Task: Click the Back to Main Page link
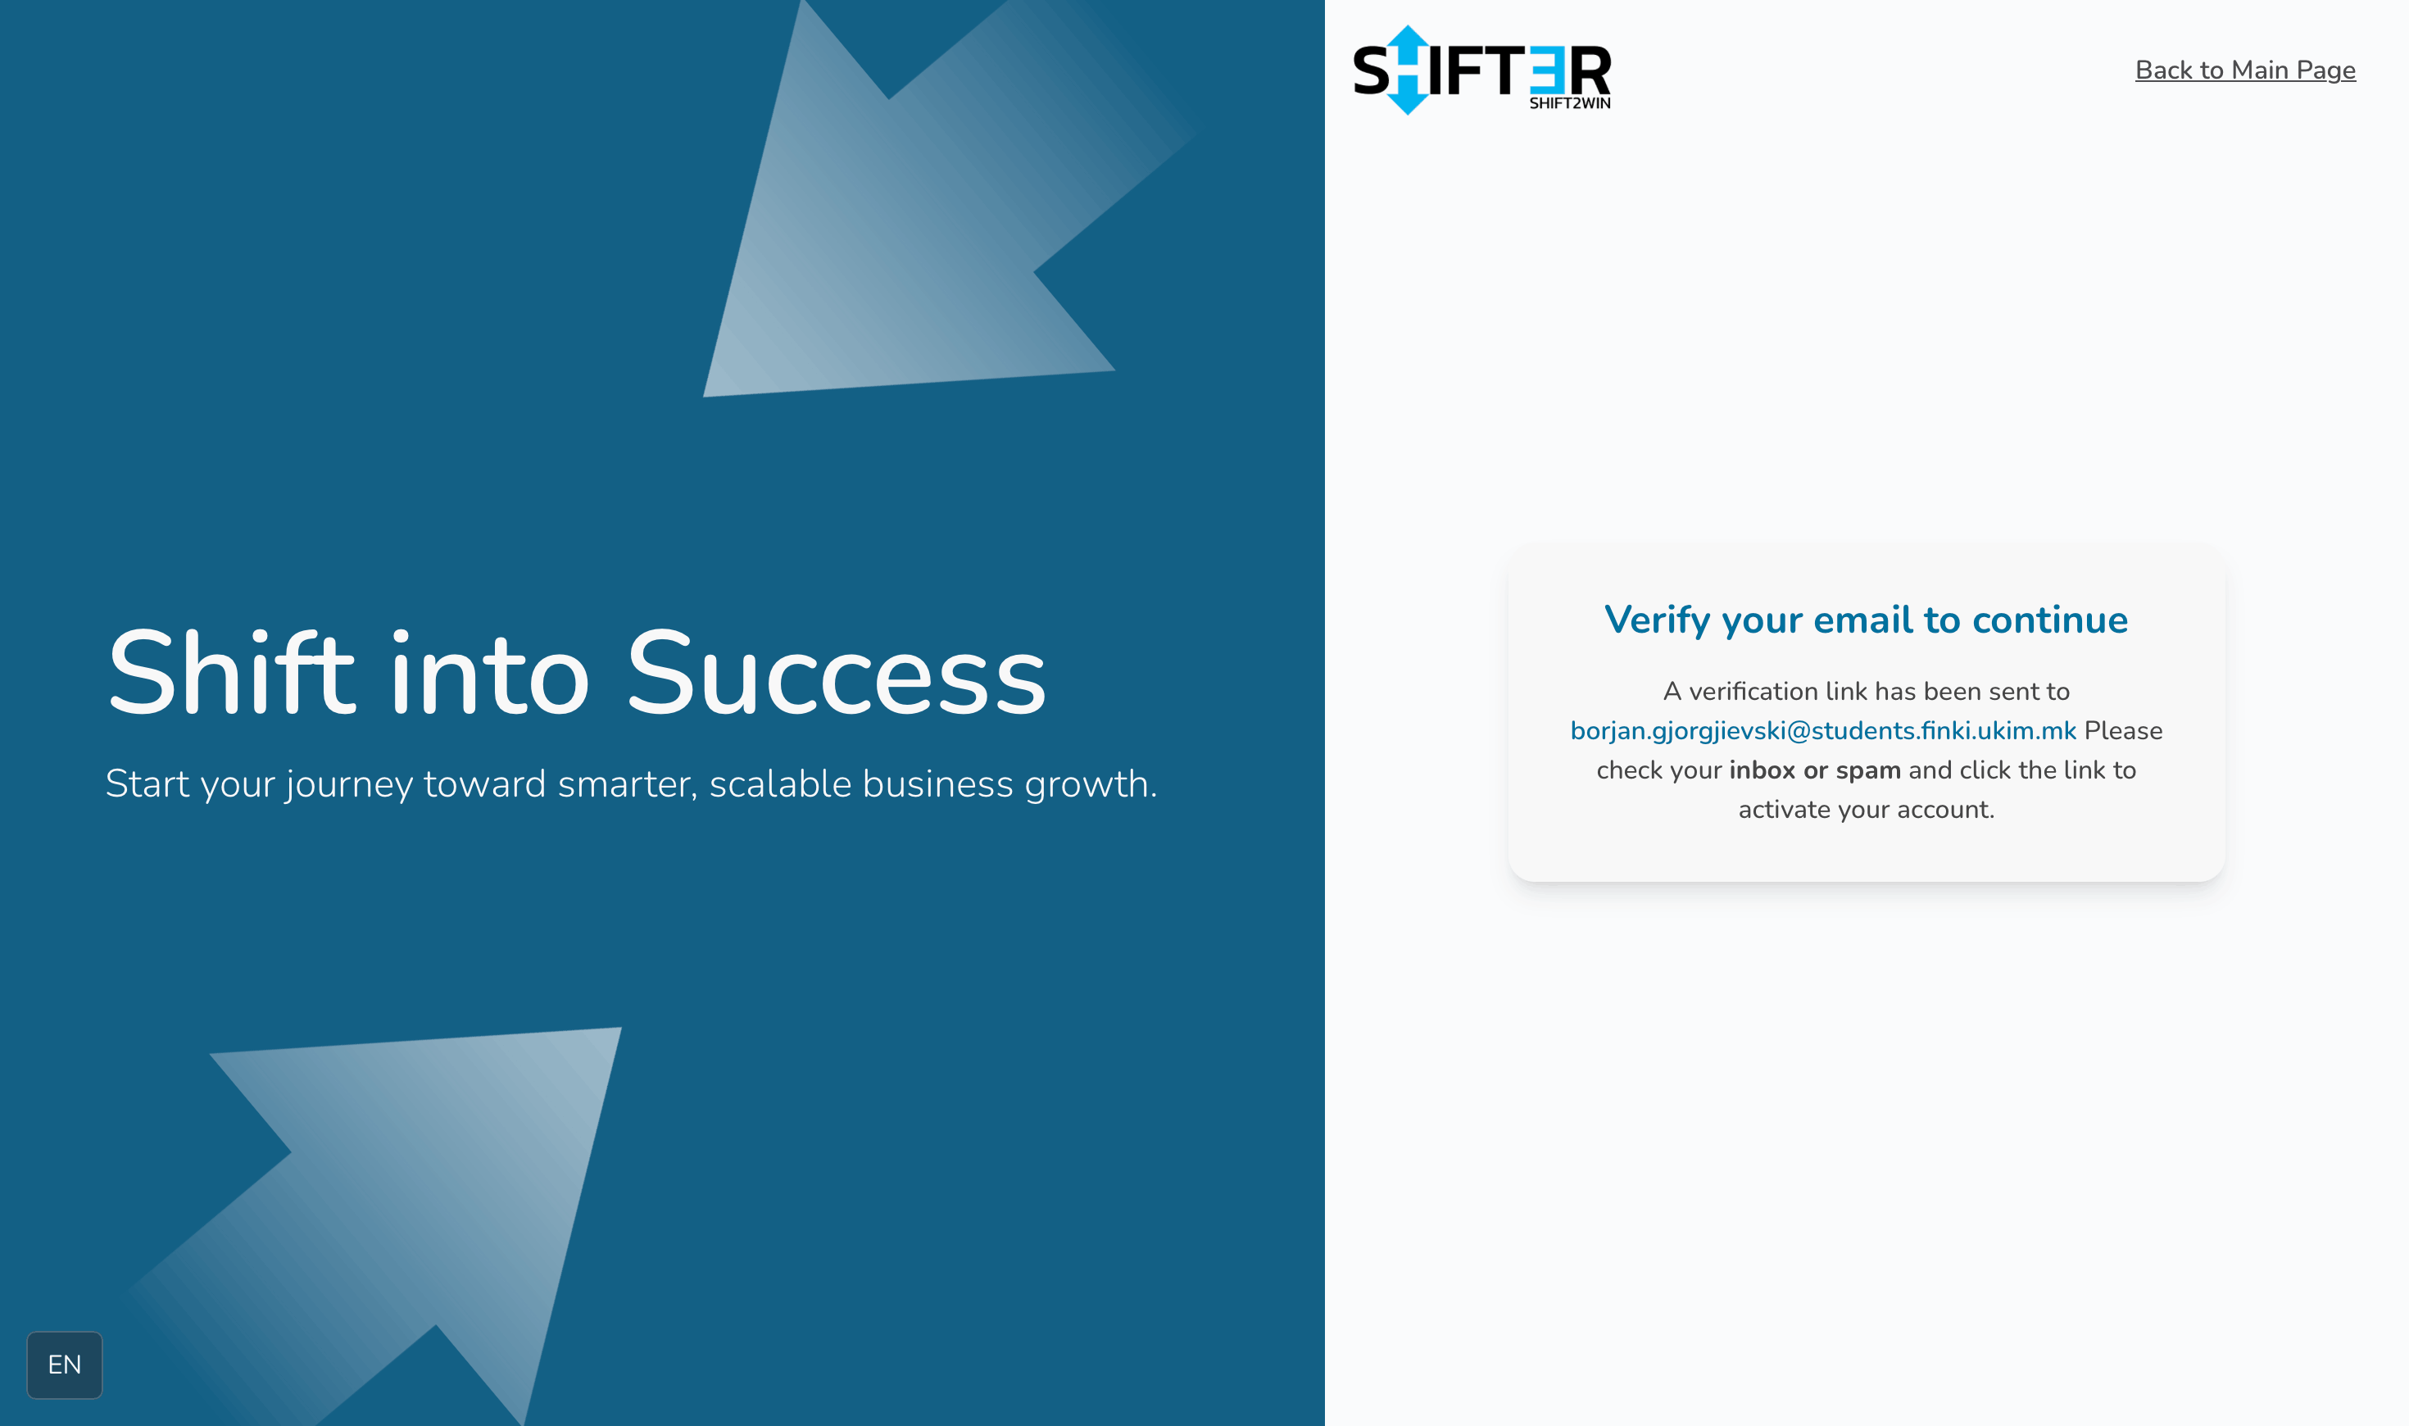pos(2245,70)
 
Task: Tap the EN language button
pos(65,1365)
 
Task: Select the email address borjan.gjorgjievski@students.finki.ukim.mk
pos(1823,731)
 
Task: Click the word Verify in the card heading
pos(1658,620)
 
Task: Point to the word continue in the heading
pos(2050,620)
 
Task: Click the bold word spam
pos(1868,770)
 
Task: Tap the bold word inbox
pos(1763,770)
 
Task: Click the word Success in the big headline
pos(836,673)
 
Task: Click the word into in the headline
pos(490,673)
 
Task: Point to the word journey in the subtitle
pos(350,785)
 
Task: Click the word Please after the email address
pos(2123,730)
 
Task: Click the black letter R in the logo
pos(1590,71)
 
